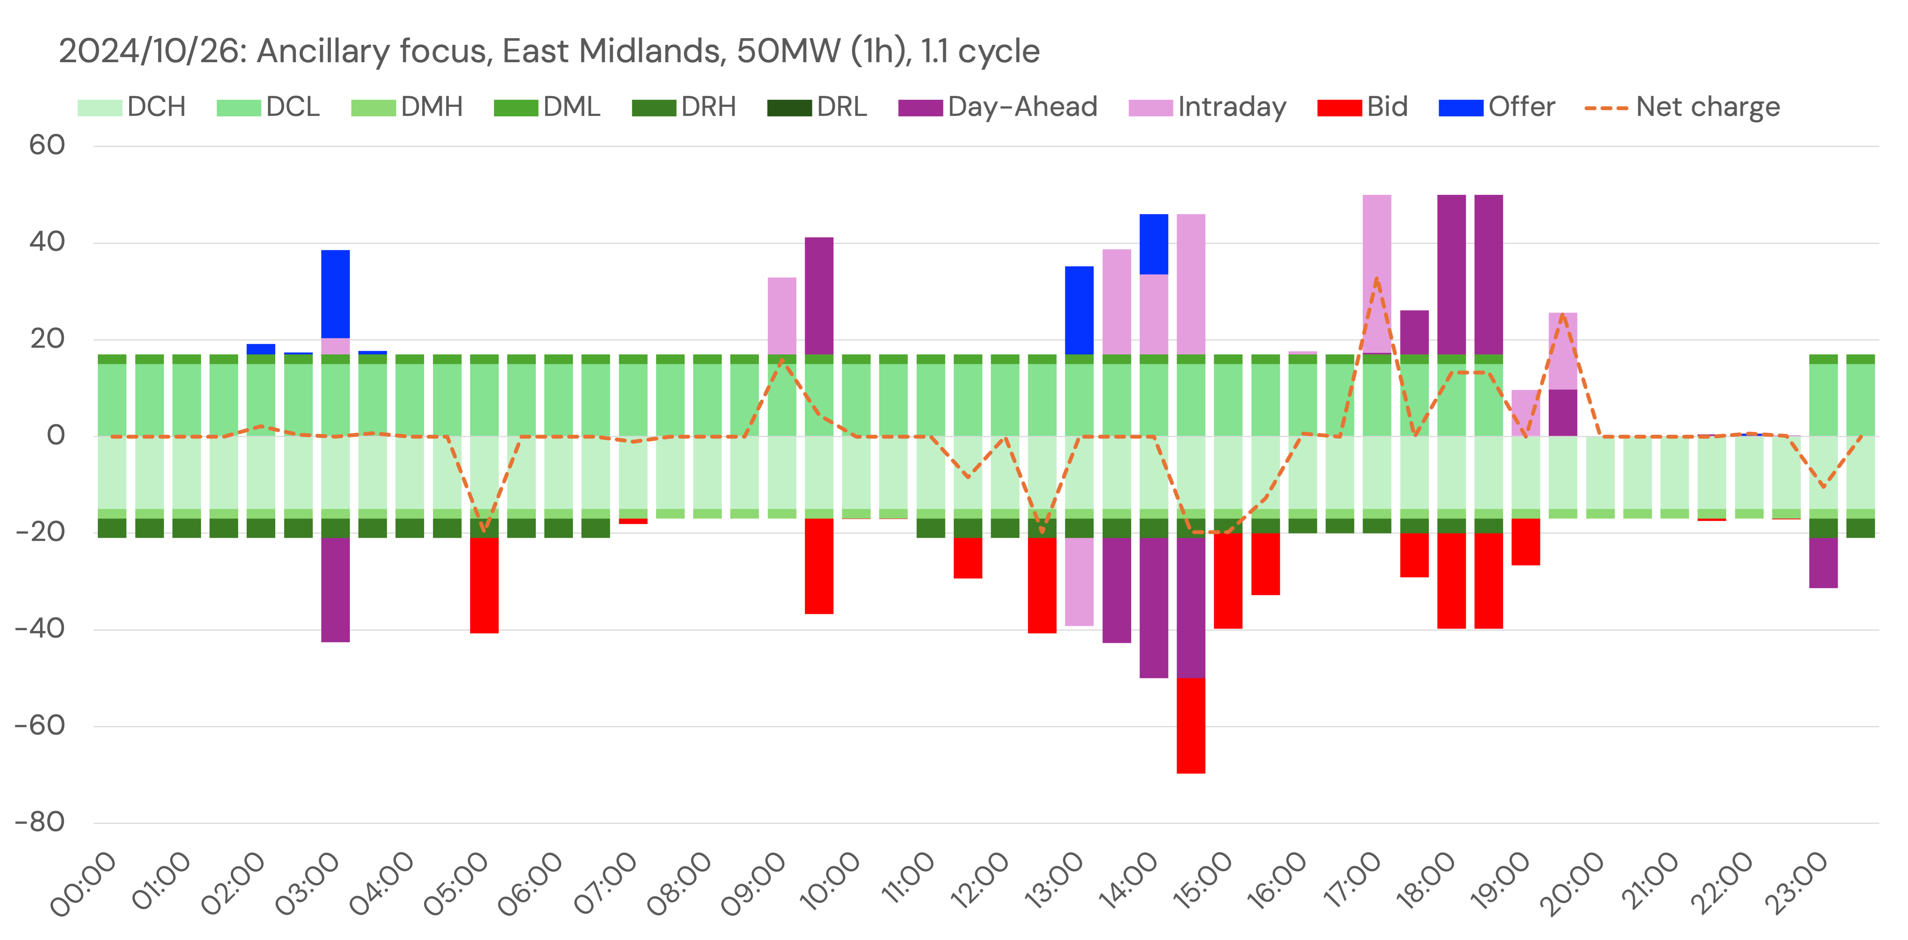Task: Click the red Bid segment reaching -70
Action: click(x=1190, y=725)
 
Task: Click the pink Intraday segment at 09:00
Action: click(x=782, y=316)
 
